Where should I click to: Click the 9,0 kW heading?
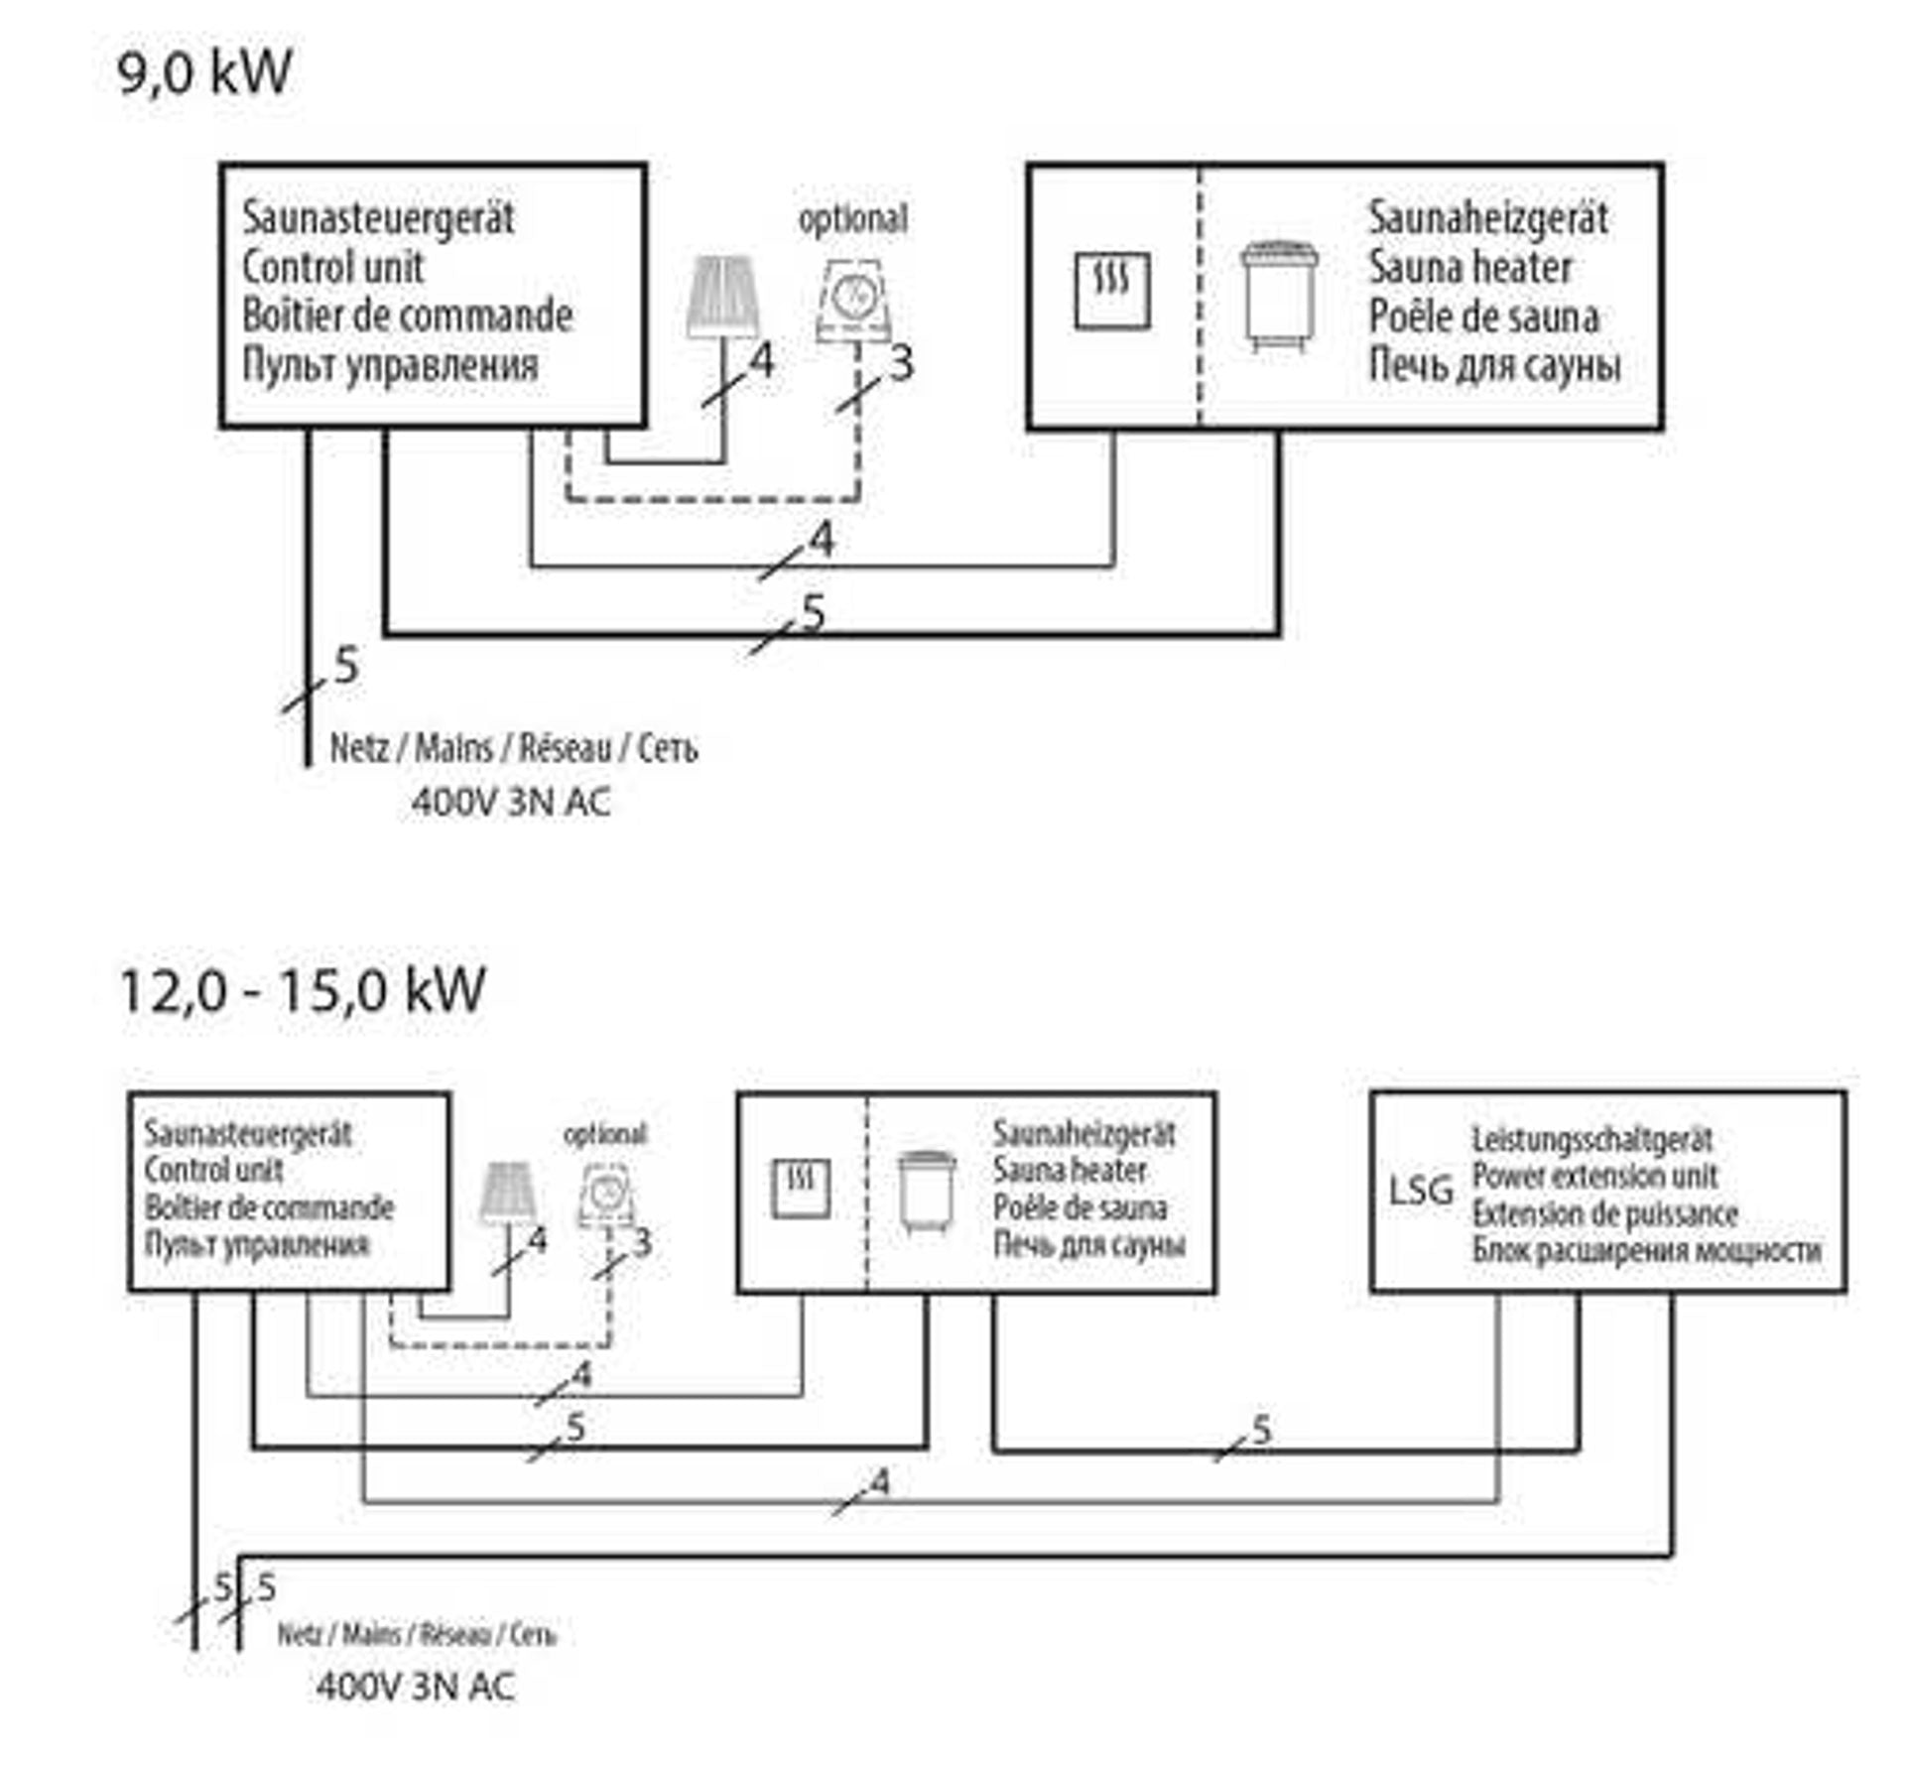[204, 72]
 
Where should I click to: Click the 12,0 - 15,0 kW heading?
[302, 990]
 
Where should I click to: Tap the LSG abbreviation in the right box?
[1420, 1190]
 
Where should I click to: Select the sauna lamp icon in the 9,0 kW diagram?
[724, 297]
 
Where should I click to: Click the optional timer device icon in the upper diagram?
[852, 300]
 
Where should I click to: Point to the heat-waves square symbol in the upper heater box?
[1112, 290]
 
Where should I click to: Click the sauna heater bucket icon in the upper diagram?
[1280, 295]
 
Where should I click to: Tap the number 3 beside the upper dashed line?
[901, 364]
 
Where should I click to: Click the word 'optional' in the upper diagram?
[852, 219]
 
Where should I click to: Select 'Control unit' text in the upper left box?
[332, 267]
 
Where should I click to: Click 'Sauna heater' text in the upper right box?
[1469, 267]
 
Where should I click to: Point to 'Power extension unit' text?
[1593, 1177]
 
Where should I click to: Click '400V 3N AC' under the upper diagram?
[511, 802]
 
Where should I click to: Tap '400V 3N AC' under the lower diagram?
[416, 1686]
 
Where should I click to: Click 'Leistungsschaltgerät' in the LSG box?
[1591, 1140]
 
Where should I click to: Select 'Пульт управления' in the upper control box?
[390, 365]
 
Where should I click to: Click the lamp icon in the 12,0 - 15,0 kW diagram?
[508, 1192]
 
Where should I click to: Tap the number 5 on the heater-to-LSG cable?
[1261, 1430]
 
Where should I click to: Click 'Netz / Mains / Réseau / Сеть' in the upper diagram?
[513, 748]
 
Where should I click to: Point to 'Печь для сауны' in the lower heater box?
[1088, 1245]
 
